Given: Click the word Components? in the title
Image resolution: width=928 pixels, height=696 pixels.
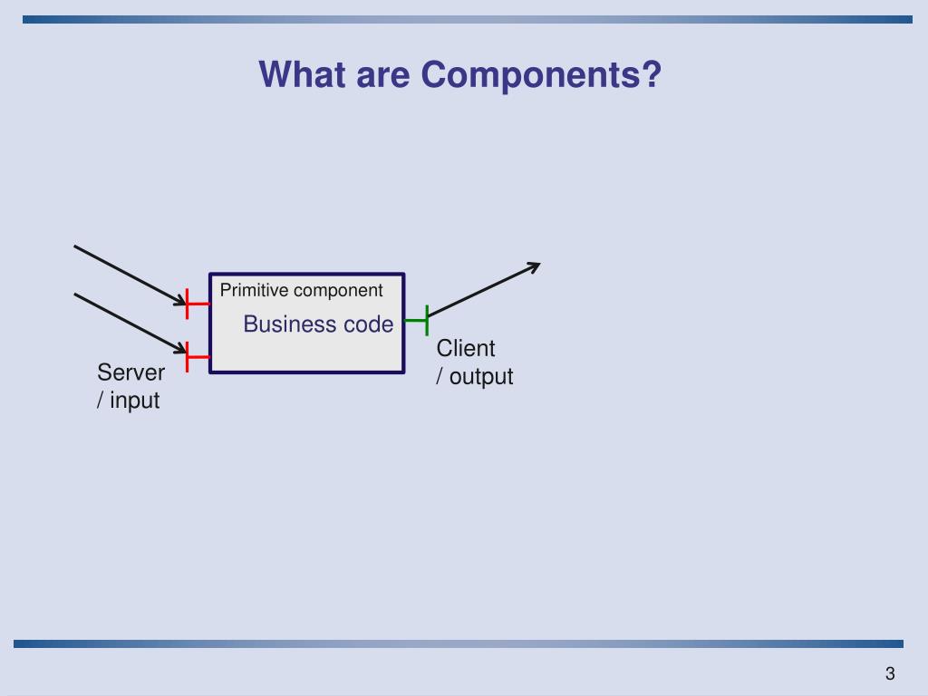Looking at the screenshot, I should coord(541,75).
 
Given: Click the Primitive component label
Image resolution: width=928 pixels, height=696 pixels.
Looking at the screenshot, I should coord(302,290).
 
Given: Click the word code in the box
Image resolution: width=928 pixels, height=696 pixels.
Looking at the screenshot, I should coord(367,324).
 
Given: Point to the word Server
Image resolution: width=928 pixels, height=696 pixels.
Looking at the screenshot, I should coord(131,372).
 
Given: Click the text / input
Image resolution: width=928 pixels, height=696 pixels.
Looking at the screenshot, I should coord(128,400).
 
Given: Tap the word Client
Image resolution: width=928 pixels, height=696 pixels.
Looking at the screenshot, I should coord(466,348).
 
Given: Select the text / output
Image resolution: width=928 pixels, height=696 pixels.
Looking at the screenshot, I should coord(474,376).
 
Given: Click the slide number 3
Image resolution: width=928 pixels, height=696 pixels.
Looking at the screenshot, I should coord(890,673).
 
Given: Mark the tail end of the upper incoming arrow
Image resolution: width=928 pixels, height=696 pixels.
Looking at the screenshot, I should coord(75,246).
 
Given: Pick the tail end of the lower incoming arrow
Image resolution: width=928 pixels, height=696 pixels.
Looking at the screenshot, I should coord(75,294).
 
